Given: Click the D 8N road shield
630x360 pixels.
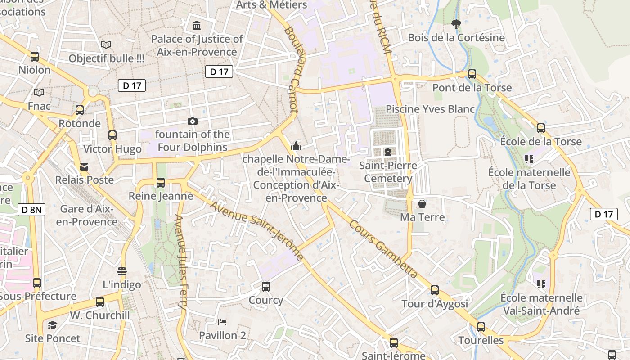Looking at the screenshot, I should pos(31,209).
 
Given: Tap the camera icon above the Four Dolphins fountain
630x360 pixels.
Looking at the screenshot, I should pos(192,121).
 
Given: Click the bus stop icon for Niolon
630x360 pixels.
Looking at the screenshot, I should pos(35,57).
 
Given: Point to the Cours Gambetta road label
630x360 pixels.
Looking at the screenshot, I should pos(383,249).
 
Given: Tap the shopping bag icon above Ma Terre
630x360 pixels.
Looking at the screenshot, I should pos(422,204).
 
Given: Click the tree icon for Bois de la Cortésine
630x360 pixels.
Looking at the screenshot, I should pos(456,24).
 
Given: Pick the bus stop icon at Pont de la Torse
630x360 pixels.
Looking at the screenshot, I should pos(472,74).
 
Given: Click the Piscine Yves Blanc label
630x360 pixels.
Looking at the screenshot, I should pos(430,109).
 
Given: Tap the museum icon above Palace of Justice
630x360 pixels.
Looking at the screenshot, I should pos(197,26).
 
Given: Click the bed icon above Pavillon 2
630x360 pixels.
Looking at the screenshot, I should pos(222,322).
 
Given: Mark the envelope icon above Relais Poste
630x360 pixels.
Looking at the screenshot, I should pos(84,167).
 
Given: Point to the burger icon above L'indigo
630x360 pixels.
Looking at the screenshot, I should pos(122,271).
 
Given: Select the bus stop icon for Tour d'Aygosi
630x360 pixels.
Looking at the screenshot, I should pos(435,290).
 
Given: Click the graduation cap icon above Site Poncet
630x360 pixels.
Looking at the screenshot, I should pos(53,325).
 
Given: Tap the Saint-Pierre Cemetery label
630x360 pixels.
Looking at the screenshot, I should pos(388,172).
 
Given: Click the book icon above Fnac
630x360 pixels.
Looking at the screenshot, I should pos(39,93).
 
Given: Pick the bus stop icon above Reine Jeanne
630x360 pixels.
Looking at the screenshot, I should pos(161,183).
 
